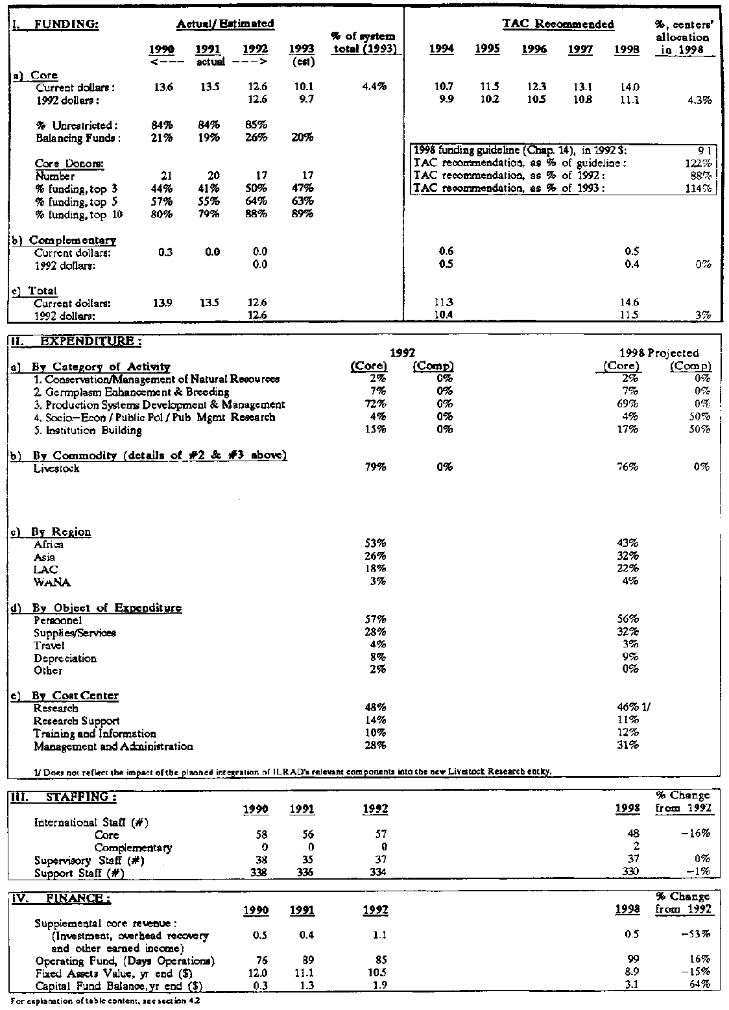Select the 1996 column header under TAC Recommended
point(534,50)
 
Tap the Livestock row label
point(56,468)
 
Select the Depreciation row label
point(65,658)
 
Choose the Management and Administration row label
point(113,746)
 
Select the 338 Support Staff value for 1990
point(258,872)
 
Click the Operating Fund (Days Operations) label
point(125,960)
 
